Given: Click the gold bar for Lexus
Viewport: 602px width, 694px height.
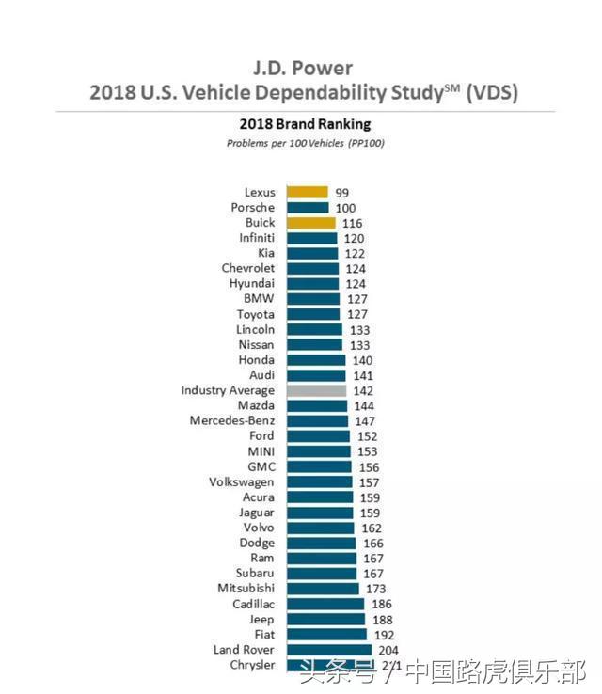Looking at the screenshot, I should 307,192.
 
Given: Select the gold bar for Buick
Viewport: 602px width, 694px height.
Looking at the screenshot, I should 310,223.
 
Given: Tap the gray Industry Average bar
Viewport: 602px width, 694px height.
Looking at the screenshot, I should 316,390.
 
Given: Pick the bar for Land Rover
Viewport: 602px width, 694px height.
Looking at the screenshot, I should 329,650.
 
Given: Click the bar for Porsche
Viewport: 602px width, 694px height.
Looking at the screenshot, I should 308,208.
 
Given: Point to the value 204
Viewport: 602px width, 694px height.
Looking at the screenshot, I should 387,650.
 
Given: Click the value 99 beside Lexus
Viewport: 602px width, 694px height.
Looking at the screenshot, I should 342,192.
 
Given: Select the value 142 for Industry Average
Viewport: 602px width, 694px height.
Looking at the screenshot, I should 360,390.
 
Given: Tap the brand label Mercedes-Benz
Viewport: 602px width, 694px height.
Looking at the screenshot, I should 232,420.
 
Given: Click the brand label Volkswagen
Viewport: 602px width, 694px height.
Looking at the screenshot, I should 242,481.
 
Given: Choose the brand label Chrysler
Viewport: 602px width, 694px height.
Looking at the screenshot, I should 251,665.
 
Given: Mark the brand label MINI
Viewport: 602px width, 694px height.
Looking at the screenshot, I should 261,451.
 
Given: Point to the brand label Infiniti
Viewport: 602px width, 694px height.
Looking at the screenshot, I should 257,238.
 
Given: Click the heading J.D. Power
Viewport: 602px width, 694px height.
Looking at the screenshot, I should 302,69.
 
